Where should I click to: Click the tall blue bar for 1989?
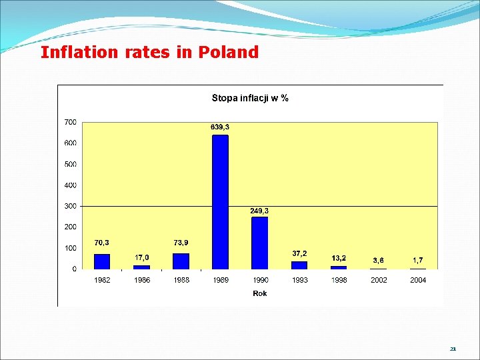click(221, 202)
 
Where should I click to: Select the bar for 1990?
click(259, 243)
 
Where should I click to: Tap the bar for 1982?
click(102, 262)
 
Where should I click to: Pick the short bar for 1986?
click(141, 267)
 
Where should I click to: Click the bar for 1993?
click(299, 265)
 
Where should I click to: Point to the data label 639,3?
click(220, 127)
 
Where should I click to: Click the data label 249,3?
click(259, 211)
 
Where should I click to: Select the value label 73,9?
click(181, 243)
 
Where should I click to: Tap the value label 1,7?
click(418, 260)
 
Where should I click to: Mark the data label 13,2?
click(339, 258)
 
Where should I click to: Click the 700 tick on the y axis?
click(71, 122)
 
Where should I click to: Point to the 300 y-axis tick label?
click(71, 206)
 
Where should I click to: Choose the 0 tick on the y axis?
click(75, 269)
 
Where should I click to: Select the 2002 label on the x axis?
click(379, 280)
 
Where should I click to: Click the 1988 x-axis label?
click(181, 280)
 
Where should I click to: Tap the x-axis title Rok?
click(260, 293)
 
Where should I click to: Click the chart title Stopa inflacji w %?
click(250, 98)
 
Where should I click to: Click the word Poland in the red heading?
click(229, 52)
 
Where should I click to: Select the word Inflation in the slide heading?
click(79, 52)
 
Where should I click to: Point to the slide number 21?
click(453, 349)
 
